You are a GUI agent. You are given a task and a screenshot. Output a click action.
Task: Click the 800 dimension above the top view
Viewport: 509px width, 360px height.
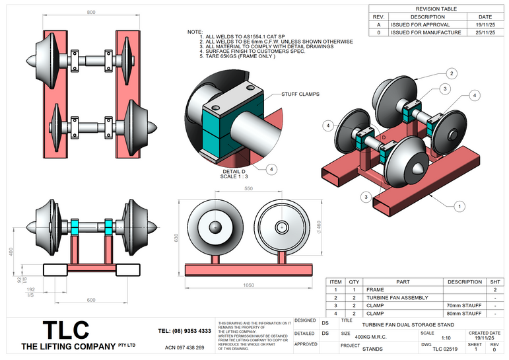click(91, 13)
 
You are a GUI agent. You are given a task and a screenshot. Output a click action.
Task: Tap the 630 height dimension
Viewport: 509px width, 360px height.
click(177, 237)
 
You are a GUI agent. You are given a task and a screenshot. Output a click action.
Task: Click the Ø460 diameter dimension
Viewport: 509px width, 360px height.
click(319, 227)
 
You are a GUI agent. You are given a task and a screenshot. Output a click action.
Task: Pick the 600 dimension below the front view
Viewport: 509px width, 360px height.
click(90, 301)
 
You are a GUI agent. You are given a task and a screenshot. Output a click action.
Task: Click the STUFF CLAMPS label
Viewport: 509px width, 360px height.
click(300, 94)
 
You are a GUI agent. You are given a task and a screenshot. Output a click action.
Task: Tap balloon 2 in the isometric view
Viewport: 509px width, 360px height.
click(452, 73)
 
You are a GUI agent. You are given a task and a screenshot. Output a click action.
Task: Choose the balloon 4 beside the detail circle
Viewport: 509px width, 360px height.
click(271, 168)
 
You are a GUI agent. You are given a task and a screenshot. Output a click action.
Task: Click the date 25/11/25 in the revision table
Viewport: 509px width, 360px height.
click(485, 32)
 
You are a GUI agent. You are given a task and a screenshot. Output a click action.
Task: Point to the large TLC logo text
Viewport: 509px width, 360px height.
click(65, 330)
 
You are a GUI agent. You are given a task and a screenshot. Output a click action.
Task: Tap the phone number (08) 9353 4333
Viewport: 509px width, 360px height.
click(185, 330)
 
